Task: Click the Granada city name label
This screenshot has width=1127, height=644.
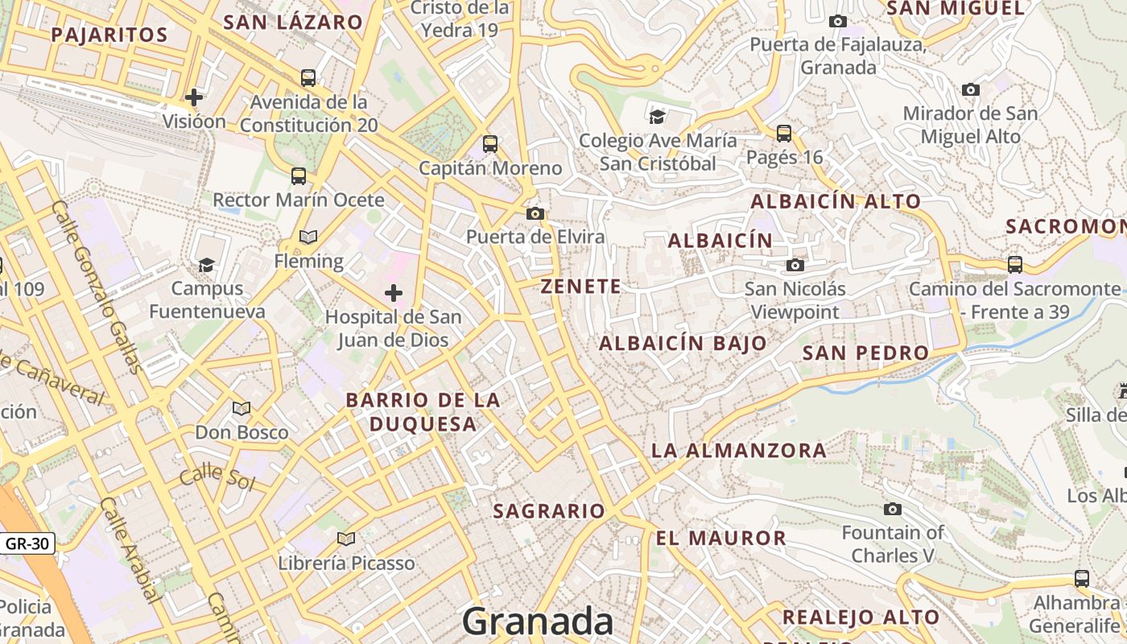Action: (538, 621)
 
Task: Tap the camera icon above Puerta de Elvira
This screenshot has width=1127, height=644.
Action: (535, 213)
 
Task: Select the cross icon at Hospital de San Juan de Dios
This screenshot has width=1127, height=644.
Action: (394, 293)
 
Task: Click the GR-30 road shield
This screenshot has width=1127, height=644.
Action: (27, 543)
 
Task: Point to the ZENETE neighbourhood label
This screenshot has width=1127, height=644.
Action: (580, 287)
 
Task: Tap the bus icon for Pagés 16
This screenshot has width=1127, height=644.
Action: (784, 133)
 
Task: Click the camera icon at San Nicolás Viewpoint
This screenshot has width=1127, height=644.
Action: (795, 265)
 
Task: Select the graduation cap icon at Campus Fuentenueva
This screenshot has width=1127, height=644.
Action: (207, 265)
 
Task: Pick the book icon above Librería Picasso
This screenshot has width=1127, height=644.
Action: (346, 539)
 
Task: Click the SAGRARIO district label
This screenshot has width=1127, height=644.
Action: (548, 511)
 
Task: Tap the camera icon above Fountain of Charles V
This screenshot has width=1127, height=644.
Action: (892, 509)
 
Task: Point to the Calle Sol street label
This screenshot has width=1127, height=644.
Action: (217, 478)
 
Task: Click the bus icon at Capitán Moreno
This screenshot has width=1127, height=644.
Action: (489, 144)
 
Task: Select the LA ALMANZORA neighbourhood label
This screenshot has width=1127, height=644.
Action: (738, 451)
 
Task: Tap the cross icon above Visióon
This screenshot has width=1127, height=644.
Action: (194, 97)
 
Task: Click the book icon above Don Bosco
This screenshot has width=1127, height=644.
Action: (242, 408)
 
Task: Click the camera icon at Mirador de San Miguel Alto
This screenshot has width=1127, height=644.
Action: (971, 89)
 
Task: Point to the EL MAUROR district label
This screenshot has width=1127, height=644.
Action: (720, 539)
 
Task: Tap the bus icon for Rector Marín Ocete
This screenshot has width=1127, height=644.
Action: (299, 175)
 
